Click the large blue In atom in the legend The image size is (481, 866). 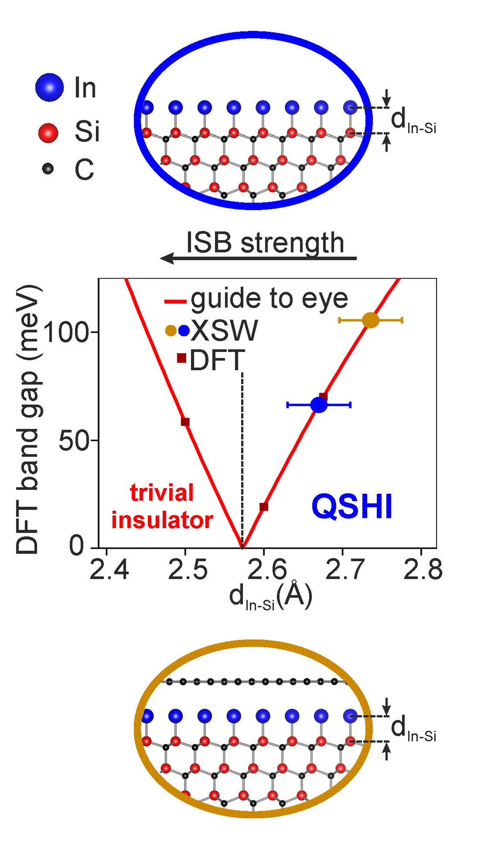click(49, 87)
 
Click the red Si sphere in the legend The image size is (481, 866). click(48, 133)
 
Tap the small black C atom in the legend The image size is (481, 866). click(48, 168)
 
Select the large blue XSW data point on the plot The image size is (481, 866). click(319, 405)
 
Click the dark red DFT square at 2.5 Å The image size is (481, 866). click(185, 422)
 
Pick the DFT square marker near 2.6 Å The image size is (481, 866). click(264, 507)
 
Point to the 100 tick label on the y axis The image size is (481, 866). click(66, 332)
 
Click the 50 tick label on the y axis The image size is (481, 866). click(73, 440)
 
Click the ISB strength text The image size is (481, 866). click(265, 243)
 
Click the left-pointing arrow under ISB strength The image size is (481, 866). click(258, 258)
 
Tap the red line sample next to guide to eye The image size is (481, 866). click(175, 301)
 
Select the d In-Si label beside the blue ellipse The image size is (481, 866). click(413, 121)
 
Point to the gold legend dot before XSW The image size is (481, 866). click(171, 331)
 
